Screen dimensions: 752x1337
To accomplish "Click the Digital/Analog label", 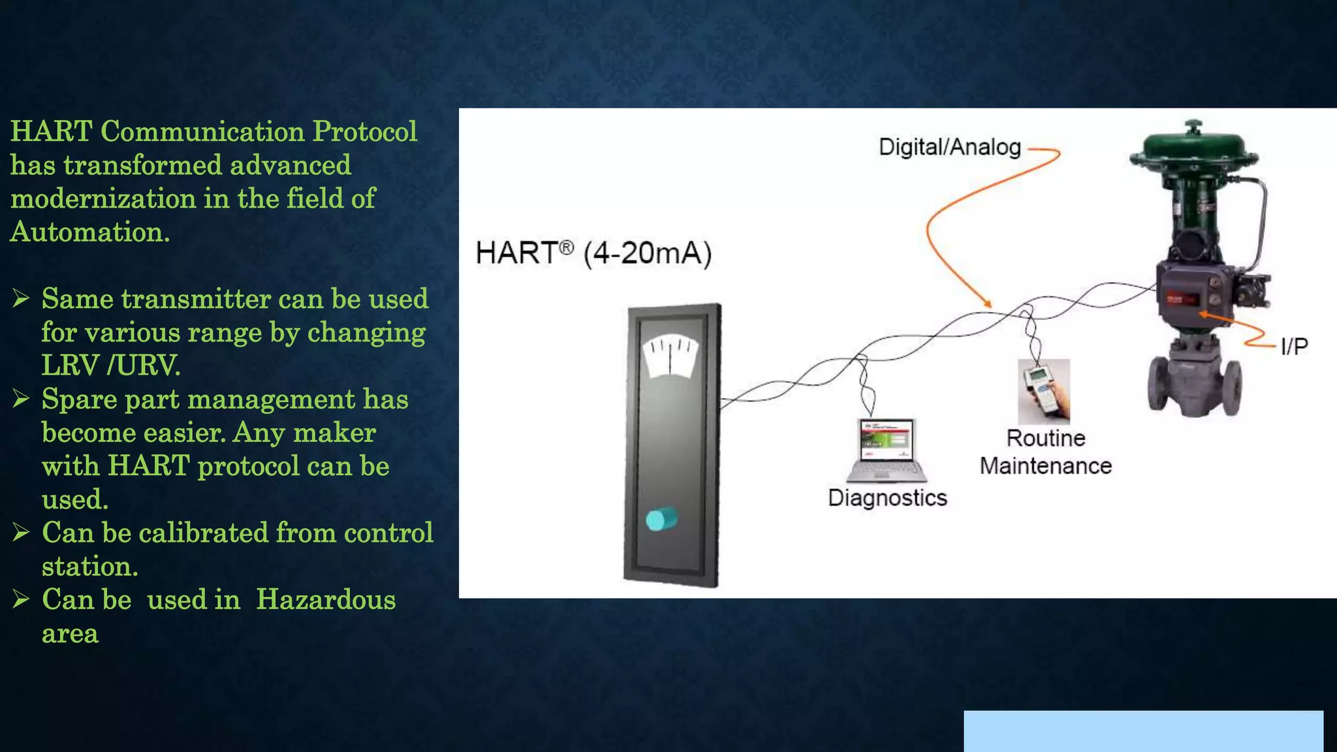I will pos(949,148).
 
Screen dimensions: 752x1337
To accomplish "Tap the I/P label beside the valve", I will pos(1294,347).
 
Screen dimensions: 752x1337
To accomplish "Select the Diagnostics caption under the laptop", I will pos(887,498).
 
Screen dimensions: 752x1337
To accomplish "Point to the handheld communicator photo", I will pos(1044,391).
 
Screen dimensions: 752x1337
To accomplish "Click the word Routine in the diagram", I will pos(1046,438).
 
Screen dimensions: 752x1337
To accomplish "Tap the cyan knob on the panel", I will pos(661,520).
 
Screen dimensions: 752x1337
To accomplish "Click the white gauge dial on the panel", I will pos(670,356).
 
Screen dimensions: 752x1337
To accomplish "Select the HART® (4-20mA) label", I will pos(593,253).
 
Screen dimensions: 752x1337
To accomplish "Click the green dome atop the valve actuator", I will pos(1193,145).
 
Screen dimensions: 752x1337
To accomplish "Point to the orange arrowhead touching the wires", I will pos(988,304).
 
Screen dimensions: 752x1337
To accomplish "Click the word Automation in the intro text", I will pos(89,232).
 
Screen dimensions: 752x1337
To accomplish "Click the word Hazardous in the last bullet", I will pos(325,600).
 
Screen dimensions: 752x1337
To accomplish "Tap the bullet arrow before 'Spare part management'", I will pos(22,399).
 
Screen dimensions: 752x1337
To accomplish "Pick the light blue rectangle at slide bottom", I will pos(1143,731).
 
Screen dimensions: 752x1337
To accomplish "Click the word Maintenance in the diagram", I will pos(1046,466).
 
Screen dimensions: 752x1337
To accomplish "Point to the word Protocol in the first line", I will pos(364,132).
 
